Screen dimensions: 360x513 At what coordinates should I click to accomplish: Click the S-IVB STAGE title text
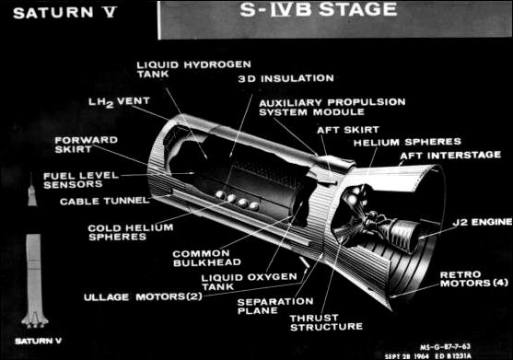[332, 12]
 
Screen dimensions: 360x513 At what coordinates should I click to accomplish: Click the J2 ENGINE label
[478, 223]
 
